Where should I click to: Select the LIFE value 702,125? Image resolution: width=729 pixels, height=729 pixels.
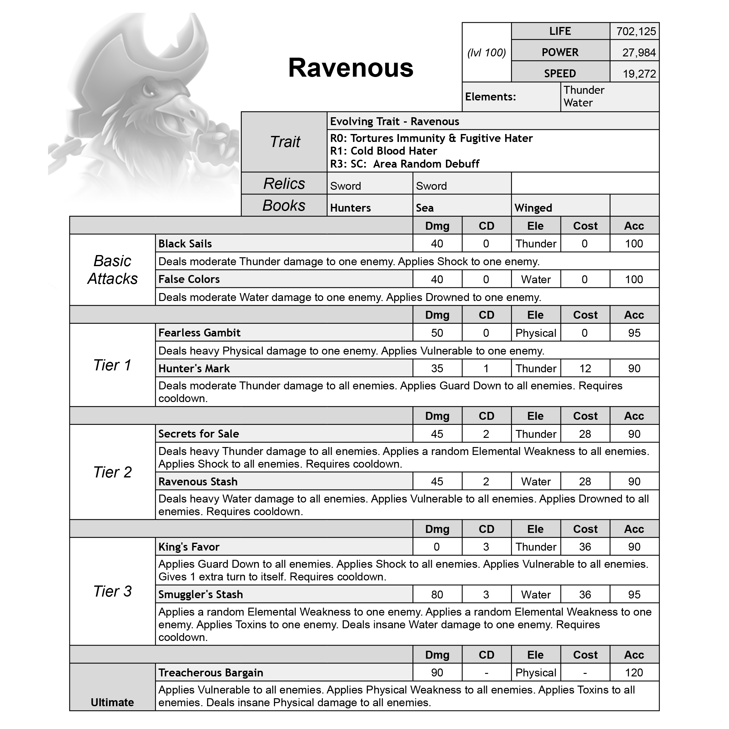point(636,31)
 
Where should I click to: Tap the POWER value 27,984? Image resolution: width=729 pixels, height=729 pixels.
point(639,53)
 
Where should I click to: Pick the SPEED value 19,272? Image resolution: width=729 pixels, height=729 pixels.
point(639,74)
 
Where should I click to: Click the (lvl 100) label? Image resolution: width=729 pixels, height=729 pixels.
point(486,53)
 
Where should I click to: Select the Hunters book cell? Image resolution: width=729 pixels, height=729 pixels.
point(350,208)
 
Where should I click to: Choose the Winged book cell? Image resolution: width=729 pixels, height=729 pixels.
point(533,208)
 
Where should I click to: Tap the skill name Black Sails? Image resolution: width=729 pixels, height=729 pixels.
point(185,244)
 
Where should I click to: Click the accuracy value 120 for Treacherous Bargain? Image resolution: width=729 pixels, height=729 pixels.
point(634,673)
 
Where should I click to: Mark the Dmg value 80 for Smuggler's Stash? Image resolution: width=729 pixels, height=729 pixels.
point(437,595)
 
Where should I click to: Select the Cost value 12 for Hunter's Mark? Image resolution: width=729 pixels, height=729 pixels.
point(585,369)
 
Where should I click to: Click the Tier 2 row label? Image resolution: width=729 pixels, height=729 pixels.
point(112,472)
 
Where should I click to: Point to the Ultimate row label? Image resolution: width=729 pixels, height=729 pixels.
point(112,702)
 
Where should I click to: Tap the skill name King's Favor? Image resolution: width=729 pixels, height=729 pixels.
point(189,547)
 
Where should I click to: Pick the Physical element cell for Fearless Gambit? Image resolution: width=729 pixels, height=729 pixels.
point(535,333)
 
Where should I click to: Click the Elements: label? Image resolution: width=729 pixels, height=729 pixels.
point(490,97)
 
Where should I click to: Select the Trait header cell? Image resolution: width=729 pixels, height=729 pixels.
point(285,142)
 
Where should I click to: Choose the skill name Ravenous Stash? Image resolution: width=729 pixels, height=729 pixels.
point(198,482)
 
